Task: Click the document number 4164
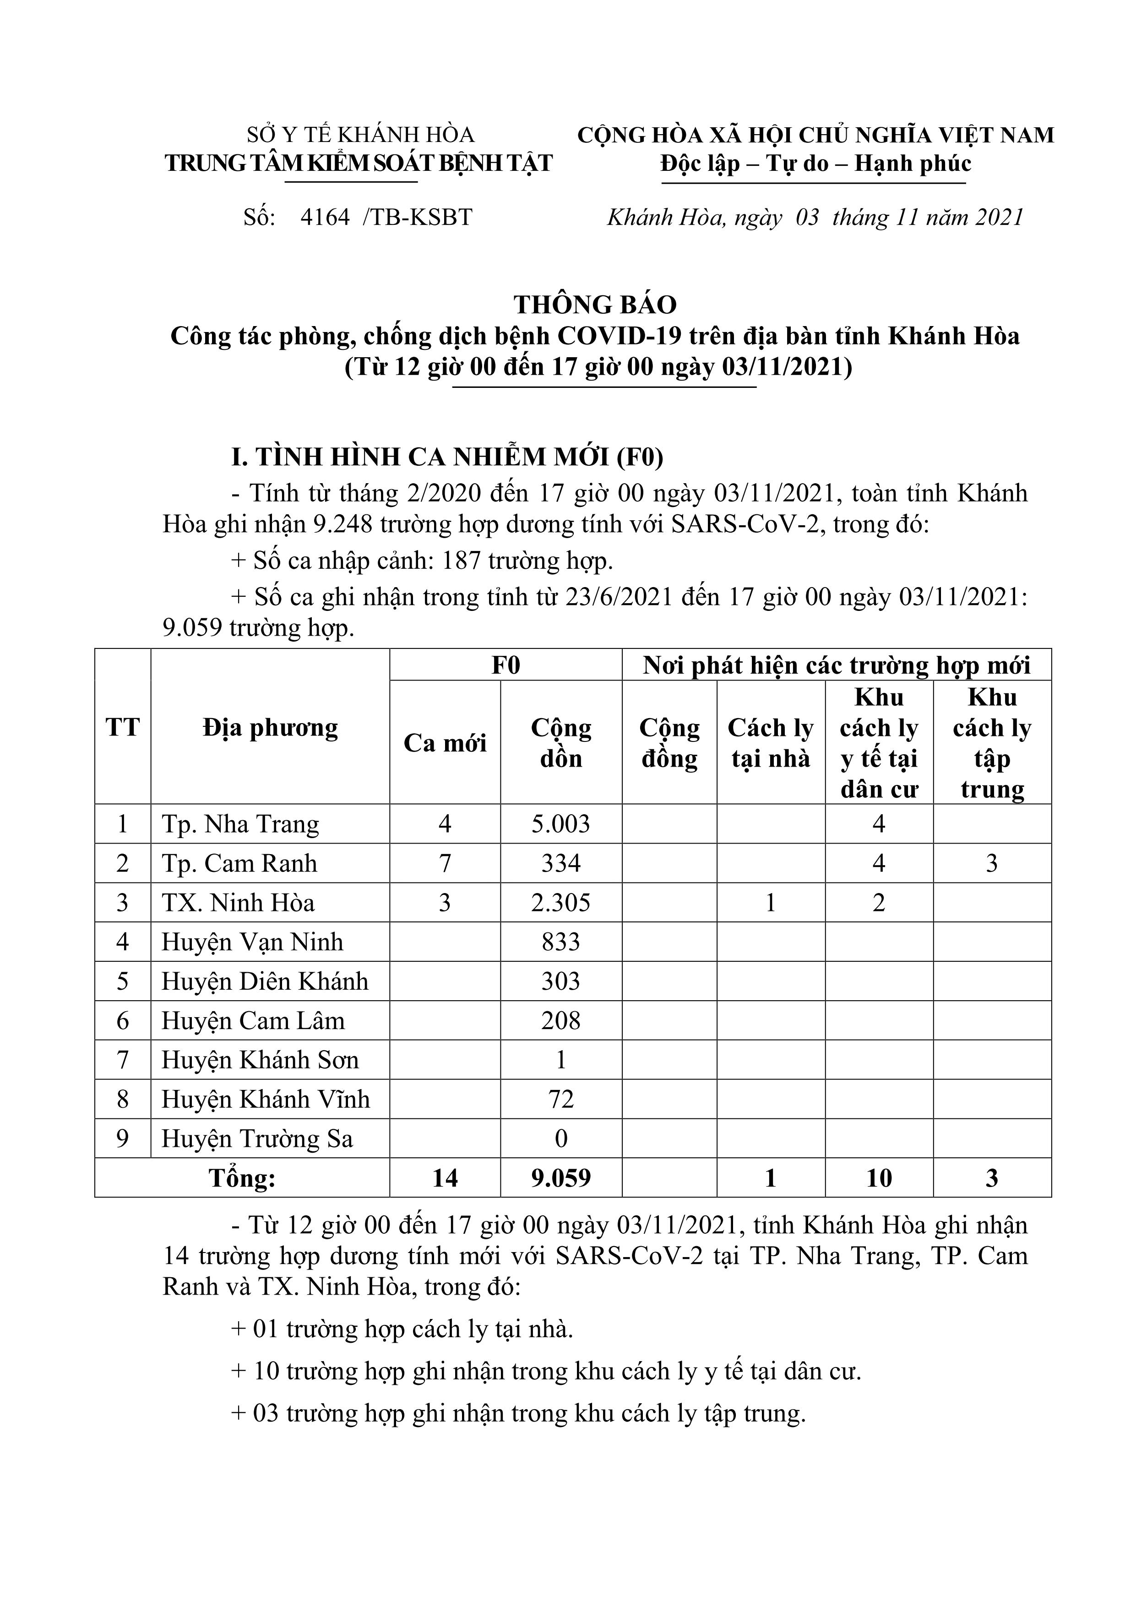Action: (x=325, y=218)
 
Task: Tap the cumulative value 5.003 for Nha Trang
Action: (x=560, y=824)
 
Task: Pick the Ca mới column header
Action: (x=445, y=743)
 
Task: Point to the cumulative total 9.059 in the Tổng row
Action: (x=560, y=1178)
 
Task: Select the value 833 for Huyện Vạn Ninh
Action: (x=560, y=942)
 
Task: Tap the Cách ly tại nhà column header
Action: (x=771, y=743)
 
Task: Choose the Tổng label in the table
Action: (x=242, y=1178)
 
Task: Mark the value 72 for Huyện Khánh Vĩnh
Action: (x=560, y=1100)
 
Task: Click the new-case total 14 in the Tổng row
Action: (x=445, y=1178)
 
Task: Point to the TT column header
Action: (x=123, y=727)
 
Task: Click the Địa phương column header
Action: (x=270, y=727)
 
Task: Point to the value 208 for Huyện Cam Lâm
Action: (x=560, y=1021)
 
